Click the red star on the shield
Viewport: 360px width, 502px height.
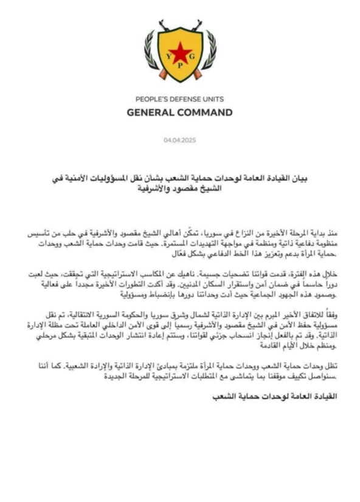pyautogui.click(x=180, y=53)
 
